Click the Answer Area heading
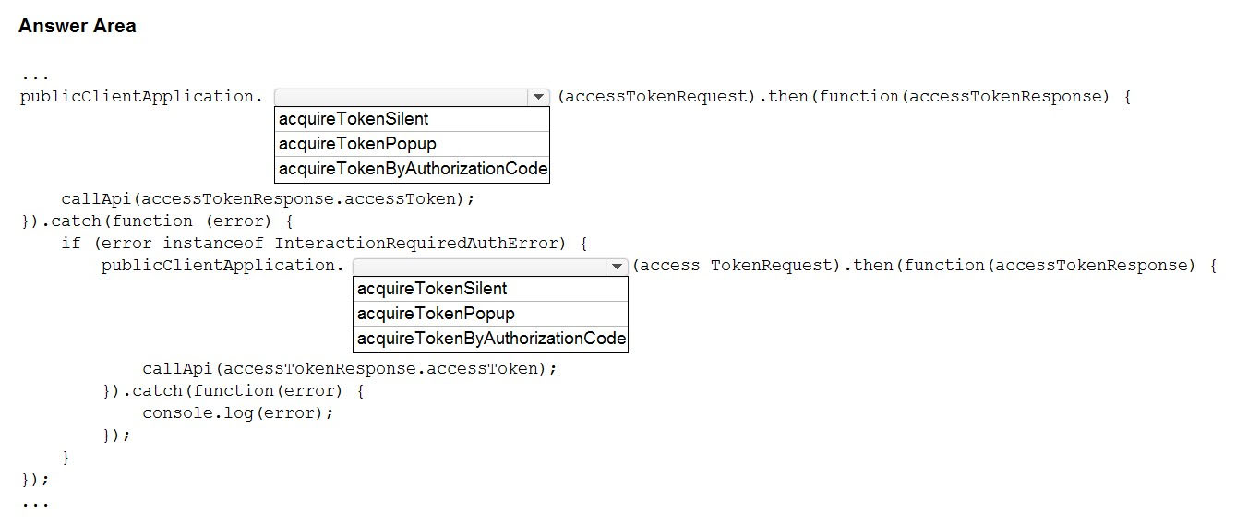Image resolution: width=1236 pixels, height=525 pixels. [x=78, y=26]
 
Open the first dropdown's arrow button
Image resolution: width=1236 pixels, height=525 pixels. [x=538, y=97]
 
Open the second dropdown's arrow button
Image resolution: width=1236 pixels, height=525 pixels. [x=617, y=267]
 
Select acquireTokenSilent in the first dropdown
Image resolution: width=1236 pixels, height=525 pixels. [x=354, y=119]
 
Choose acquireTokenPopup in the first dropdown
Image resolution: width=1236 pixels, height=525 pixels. [x=357, y=144]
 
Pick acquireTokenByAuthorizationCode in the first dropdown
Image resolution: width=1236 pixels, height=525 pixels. [x=413, y=169]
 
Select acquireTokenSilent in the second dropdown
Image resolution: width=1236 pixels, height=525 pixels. [x=431, y=289]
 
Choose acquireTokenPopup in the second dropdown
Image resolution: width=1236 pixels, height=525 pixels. [x=436, y=314]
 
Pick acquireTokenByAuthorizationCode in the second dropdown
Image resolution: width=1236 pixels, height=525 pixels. [x=491, y=339]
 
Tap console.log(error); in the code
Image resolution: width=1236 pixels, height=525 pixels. [x=238, y=413]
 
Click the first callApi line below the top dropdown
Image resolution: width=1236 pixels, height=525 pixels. [x=268, y=199]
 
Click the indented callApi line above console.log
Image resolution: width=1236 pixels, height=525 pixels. [x=350, y=369]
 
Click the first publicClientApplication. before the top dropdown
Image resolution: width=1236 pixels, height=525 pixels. [x=141, y=97]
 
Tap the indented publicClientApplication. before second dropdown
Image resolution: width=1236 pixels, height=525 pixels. [x=222, y=266]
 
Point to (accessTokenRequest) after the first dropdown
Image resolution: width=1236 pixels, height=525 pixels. [x=656, y=97]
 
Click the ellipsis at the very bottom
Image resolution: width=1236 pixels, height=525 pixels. [x=35, y=504]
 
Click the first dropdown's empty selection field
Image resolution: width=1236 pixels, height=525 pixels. [x=402, y=97]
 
